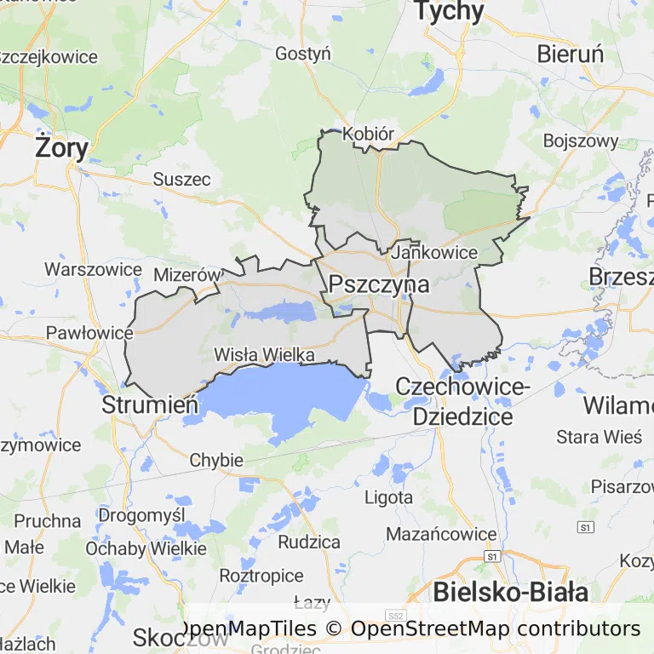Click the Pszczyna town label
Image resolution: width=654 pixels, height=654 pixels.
click(379, 284)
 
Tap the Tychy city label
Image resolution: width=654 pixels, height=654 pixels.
click(449, 11)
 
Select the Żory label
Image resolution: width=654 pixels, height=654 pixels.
click(61, 149)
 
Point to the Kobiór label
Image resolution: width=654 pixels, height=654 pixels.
click(368, 135)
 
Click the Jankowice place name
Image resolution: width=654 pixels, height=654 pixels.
click(434, 253)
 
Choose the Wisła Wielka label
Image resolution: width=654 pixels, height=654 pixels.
click(264, 354)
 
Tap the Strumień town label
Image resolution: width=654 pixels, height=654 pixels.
click(150, 404)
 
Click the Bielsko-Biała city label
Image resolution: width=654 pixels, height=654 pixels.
click(510, 592)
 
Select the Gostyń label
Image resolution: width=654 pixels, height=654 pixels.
click(302, 54)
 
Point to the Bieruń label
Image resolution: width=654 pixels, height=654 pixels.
click(570, 54)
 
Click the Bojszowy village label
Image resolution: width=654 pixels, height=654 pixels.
click(580, 141)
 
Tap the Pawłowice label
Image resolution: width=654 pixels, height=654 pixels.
click(89, 332)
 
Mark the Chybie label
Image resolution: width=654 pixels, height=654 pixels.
click(216, 461)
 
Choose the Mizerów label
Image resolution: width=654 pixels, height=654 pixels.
click(186, 275)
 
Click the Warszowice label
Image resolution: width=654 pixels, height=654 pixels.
click(93, 270)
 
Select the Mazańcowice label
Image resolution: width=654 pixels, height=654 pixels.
click(440, 534)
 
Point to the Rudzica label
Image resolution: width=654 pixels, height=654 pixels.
click(308, 542)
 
